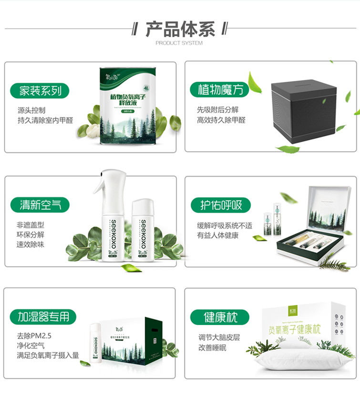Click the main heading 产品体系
(x=180, y=29)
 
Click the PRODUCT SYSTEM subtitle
(x=179, y=43)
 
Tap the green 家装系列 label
(x=41, y=91)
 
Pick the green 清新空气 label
(x=41, y=205)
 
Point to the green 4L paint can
(x=128, y=107)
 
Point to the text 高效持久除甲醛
(x=221, y=120)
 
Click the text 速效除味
(x=31, y=245)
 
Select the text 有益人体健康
(x=218, y=235)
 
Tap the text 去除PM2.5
(x=34, y=335)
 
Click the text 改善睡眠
(x=212, y=347)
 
